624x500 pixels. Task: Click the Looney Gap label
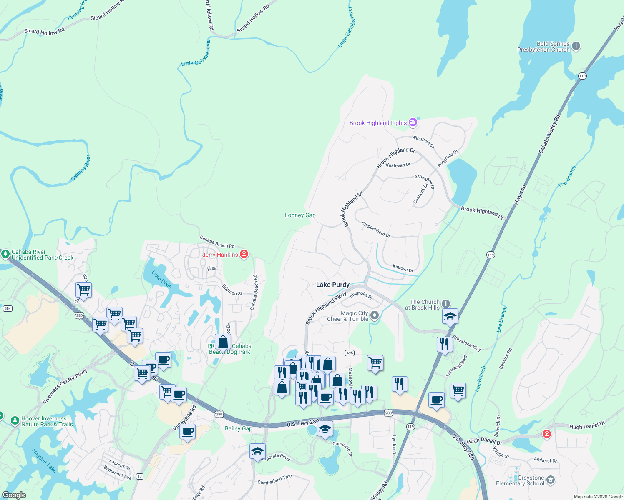pyautogui.click(x=300, y=215)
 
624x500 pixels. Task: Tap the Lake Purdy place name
pyautogui.click(x=332, y=285)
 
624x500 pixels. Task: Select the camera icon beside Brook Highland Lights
pyautogui.click(x=413, y=122)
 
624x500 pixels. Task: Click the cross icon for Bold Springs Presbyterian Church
pyautogui.click(x=576, y=46)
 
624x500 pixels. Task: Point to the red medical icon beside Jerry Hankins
pyautogui.click(x=244, y=254)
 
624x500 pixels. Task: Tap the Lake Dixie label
pyautogui.click(x=162, y=280)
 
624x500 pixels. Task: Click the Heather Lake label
pyautogui.click(x=44, y=460)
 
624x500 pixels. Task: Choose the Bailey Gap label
pyautogui.click(x=238, y=428)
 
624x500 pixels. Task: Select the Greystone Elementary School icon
pyautogui.click(x=551, y=480)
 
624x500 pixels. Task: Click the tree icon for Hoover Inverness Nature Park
pyautogui.click(x=15, y=421)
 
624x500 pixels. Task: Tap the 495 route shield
pyautogui.click(x=350, y=353)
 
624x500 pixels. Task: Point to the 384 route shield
pyautogui.click(x=8, y=308)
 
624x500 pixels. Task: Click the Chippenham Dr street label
pyautogui.click(x=376, y=230)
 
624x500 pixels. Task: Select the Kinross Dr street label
pyautogui.click(x=403, y=268)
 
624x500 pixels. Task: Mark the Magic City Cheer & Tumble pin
pyautogui.click(x=375, y=315)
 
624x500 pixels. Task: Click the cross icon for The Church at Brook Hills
pyautogui.click(x=446, y=304)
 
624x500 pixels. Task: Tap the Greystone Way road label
pyautogui.click(x=467, y=343)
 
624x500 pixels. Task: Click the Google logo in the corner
pyautogui.click(x=14, y=495)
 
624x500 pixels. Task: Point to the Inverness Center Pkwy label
pyautogui.click(x=65, y=386)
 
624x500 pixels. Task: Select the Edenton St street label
pyautogui.click(x=232, y=290)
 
